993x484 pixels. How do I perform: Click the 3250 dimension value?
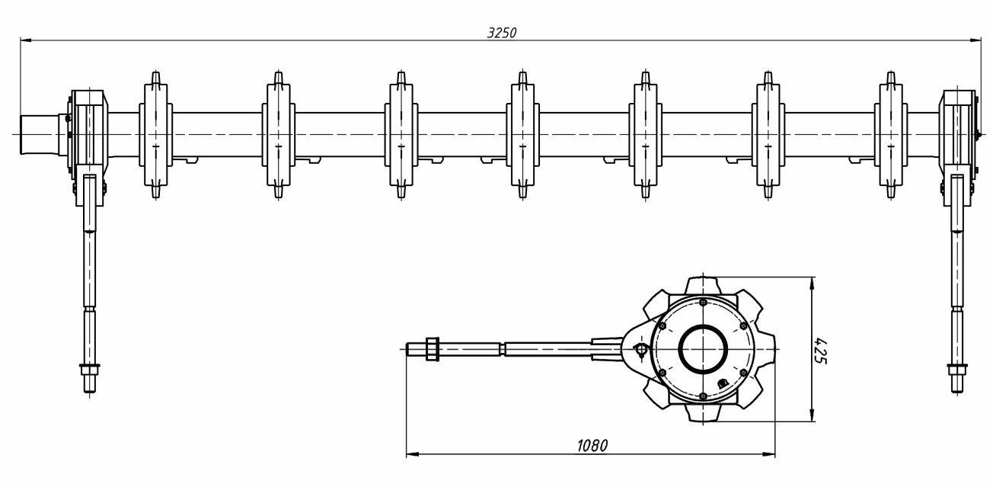point(502,33)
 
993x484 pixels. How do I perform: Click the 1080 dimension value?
point(592,445)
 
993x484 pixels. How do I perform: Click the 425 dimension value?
point(821,351)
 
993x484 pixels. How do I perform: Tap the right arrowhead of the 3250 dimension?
point(975,40)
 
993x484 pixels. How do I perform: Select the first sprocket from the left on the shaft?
point(155,134)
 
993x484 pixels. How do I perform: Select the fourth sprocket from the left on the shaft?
point(523,134)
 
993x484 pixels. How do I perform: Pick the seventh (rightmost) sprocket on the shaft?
point(891,134)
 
